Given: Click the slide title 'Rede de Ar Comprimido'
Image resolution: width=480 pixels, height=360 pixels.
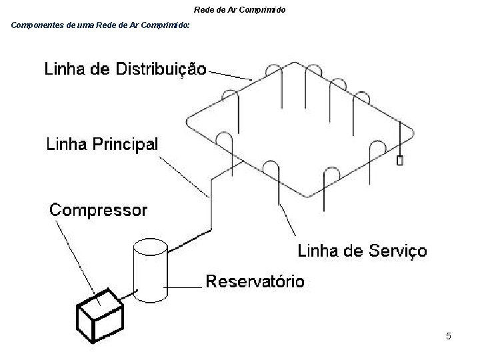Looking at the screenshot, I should pyautogui.click(x=239, y=10).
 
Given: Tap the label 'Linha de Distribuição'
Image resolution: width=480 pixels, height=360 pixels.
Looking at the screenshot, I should pyautogui.click(x=125, y=69).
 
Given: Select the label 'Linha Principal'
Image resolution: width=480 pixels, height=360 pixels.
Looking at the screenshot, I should pyautogui.click(x=102, y=144).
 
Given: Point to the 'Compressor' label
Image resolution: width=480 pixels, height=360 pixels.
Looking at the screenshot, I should pyautogui.click(x=99, y=211).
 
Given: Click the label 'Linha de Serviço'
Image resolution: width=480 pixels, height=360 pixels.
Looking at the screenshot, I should pyautogui.click(x=362, y=251).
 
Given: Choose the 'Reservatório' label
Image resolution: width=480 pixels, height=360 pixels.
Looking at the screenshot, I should pyautogui.click(x=255, y=281).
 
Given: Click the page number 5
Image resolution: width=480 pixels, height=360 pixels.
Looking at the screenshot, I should pyautogui.click(x=449, y=336).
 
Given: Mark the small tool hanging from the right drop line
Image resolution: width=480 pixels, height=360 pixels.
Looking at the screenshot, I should pyautogui.click(x=400, y=161).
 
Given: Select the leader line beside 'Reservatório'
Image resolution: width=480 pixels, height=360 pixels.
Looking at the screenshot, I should pyautogui.click(x=183, y=287).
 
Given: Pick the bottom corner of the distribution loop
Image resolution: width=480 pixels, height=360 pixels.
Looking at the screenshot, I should pyautogui.click(x=306, y=196).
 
